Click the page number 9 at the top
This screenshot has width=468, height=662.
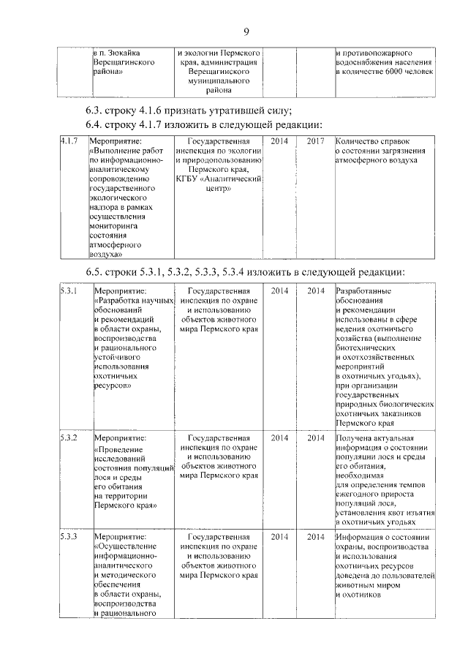(246, 30)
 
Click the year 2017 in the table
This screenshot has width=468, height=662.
(315, 140)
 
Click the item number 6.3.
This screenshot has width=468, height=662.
(95, 110)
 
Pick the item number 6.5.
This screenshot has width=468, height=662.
(95, 272)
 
